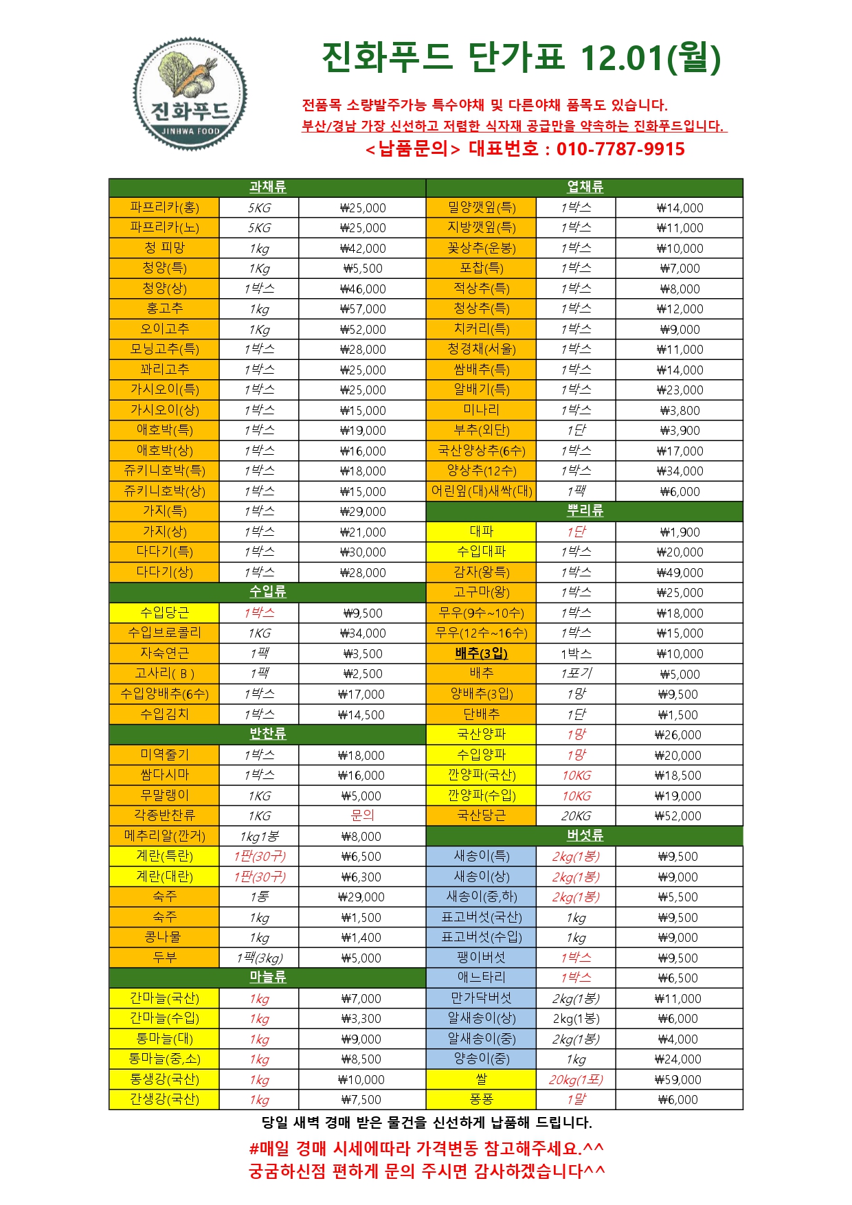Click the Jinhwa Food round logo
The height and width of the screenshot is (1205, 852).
[x=190, y=94]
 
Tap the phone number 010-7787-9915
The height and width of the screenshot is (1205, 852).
[x=620, y=149]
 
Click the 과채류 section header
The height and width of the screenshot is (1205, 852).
[x=267, y=188]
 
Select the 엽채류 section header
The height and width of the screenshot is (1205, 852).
[x=585, y=188]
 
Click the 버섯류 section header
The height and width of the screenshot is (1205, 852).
[x=585, y=835]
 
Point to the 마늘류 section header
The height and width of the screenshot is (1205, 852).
[x=267, y=977]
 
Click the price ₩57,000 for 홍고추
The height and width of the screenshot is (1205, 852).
[x=363, y=309]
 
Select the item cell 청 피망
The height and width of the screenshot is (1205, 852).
[x=164, y=248]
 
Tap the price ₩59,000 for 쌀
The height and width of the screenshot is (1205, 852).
[x=678, y=1080]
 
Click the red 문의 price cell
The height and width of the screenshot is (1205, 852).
[x=362, y=815]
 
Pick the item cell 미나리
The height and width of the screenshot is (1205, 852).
[x=481, y=410]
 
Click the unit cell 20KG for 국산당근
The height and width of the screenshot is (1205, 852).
[x=576, y=816]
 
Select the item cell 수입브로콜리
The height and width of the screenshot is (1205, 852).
[x=164, y=633]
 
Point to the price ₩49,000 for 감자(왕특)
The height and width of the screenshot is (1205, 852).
[x=680, y=572]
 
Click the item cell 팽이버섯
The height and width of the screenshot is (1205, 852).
[x=481, y=958]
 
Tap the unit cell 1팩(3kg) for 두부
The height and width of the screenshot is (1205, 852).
[x=259, y=958]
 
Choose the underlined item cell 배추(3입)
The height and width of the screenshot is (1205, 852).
[x=481, y=653]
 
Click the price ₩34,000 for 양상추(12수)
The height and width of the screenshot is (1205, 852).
[x=680, y=471]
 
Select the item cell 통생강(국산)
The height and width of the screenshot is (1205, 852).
[x=164, y=1079]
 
